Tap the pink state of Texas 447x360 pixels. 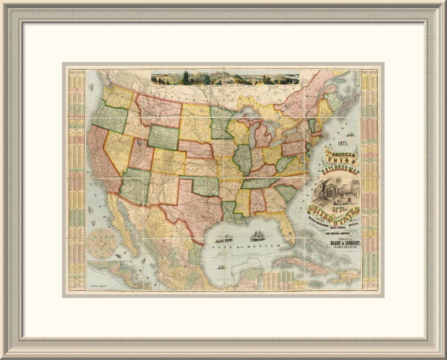click(x=197, y=206)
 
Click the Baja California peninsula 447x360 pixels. click(x=123, y=224)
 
